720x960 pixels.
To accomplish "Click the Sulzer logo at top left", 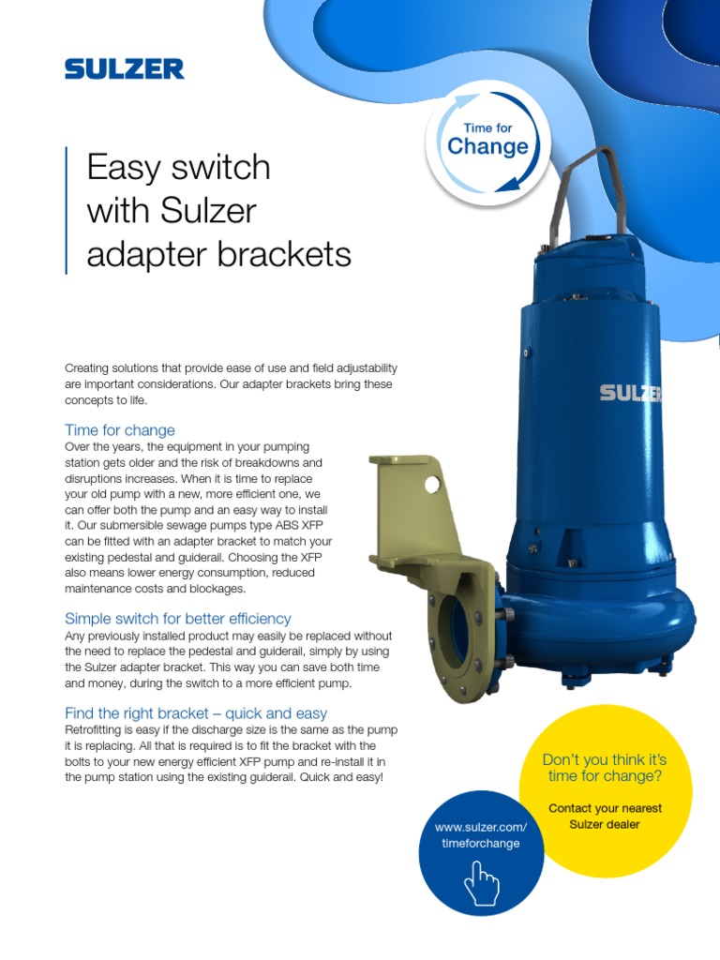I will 124,68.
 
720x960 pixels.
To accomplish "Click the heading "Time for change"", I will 119,430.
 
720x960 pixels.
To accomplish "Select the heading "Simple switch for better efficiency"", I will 177,619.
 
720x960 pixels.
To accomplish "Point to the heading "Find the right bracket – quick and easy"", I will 196,713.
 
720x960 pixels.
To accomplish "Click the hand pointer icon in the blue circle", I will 482,881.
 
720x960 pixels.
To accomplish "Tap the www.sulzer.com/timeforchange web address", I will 481,834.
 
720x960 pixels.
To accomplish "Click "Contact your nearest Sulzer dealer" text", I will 605,816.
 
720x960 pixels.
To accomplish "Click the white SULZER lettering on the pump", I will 630,392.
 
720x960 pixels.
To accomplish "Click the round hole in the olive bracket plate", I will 432,484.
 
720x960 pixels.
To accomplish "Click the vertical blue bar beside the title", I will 67,210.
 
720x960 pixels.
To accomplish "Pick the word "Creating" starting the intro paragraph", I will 86,368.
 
